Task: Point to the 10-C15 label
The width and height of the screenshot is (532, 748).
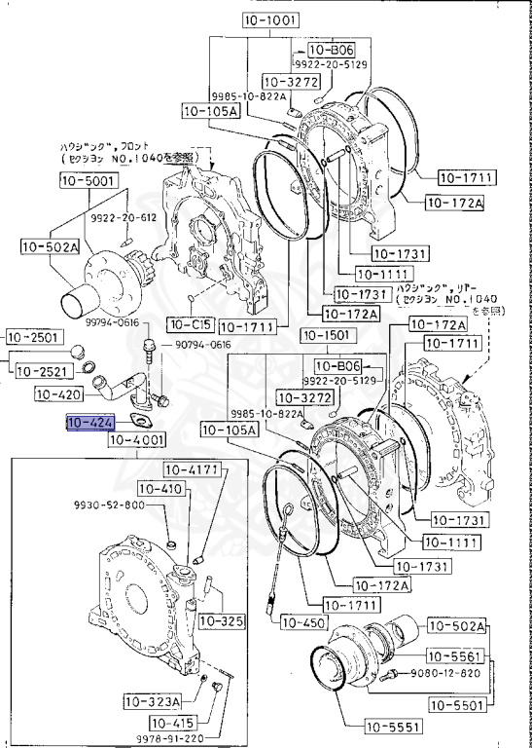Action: (x=189, y=323)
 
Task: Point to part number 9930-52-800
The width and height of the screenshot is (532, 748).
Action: (x=108, y=505)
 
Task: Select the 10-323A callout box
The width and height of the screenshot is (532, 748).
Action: (x=153, y=701)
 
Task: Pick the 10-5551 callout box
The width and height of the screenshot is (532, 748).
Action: (x=392, y=727)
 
